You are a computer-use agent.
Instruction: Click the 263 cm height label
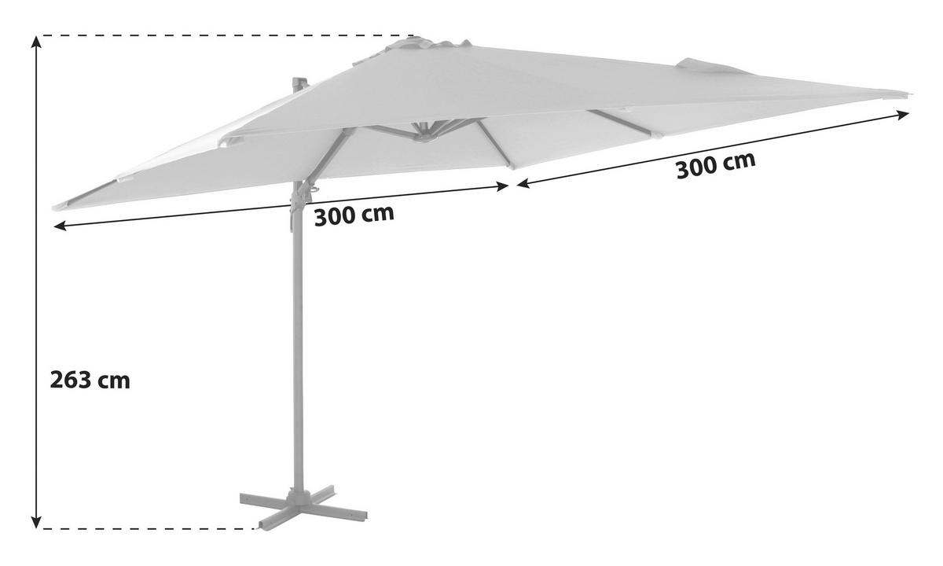pos(90,380)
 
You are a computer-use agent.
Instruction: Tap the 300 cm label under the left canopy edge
pos(354,215)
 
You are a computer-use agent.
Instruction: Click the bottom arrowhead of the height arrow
pos(37,522)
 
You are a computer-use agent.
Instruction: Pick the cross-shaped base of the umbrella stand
pos(303,507)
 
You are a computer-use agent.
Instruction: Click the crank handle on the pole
pos(314,190)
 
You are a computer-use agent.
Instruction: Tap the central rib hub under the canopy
pos(424,134)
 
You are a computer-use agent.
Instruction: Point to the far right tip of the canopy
pos(910,94)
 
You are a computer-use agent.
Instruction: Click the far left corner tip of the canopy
pos(54,208)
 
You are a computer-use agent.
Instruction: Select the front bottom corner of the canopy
pos(512,167)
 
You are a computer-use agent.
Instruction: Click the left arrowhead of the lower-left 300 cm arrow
pos(60,226)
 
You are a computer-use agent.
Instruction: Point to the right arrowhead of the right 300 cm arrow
pos(904,115)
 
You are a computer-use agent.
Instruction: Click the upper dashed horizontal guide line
pos(225,36)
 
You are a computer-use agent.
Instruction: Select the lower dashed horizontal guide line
pos(148,528)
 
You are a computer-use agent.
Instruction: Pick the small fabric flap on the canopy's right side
pos(711,67)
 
